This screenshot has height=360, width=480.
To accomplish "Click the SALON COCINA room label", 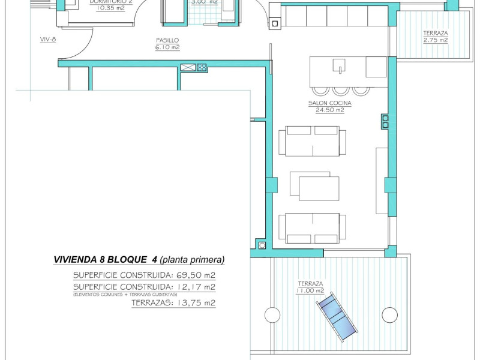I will pyautogui.click(x=329, y=103).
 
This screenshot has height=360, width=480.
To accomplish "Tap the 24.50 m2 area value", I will pyautogui.click(x=329, y=110).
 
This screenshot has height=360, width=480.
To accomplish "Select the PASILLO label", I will pyautogui.click(x=167, y=40).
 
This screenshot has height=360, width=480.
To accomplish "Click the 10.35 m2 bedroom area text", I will pyautogui.click(x=110, y=8).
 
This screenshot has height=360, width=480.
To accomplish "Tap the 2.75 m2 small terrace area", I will pyautogui.click(x=435, y=40).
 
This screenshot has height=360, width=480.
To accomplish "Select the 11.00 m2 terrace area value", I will pyautogui.click(x=310, y=290).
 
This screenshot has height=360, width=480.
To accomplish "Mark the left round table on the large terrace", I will pyautogui.click(x=272, y=314).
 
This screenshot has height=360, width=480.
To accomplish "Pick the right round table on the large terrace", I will pyautogui.click(x=389, y=314).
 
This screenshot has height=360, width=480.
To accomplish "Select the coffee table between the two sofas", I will pyautogui.click(x=314, y=186).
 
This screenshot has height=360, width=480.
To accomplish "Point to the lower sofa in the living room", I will pyautogui.click(x=312, y=227).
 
